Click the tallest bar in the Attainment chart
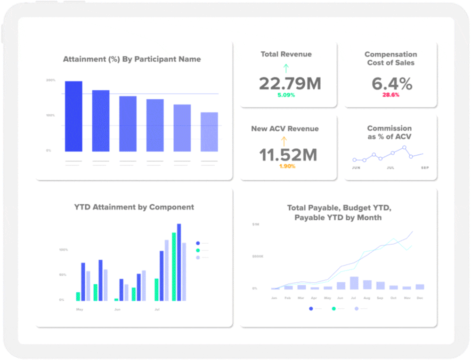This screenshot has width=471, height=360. [73, 116]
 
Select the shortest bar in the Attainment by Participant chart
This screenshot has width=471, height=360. [209, 132]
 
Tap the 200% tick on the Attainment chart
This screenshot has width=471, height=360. [51, 80]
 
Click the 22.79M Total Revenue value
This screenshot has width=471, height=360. [290, 84]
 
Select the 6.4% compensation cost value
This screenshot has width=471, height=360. [391, 84]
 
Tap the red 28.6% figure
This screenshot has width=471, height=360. [391, 95]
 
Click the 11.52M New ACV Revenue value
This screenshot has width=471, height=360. [288, 155]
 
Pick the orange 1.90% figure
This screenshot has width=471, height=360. [287, 166]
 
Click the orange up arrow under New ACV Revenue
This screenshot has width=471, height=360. [284, 141]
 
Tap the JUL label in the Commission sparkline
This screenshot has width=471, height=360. [390, 168]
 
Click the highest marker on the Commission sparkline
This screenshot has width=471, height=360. [404, 148]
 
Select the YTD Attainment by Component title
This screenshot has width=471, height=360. [134, 207]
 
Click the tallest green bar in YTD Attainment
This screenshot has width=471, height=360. [174, 266]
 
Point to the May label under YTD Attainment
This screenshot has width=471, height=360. [80, 309]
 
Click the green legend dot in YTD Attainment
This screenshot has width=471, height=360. [198, 250]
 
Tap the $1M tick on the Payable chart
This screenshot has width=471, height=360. [256, 225]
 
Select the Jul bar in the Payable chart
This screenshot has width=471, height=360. [354, 283]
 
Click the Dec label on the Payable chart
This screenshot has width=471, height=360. [420, 298]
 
